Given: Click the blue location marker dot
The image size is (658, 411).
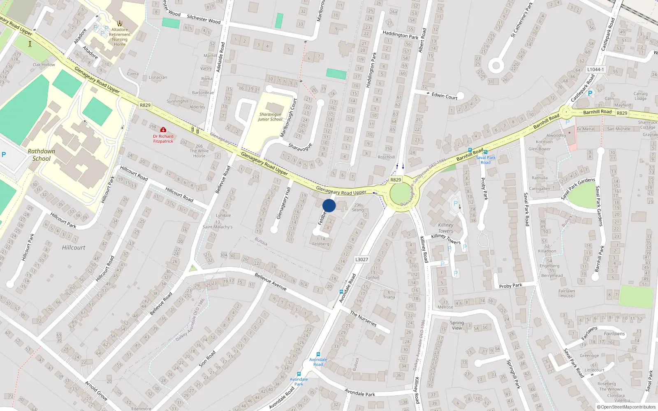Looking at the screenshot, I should point(329,205).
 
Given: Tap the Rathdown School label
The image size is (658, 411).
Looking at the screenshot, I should point(41,155).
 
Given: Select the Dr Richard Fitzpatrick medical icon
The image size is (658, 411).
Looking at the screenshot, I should point(163,129).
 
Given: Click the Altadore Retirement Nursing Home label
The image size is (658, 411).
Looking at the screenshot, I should point(120,37).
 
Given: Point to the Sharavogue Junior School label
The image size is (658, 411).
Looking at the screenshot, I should point(270,117).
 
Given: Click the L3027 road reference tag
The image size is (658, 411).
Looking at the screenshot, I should point(361,260).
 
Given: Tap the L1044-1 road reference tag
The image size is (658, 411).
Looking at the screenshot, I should point(595,70).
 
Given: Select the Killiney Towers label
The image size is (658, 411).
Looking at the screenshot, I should point(446,228).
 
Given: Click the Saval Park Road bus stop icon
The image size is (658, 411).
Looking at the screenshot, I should point(486,152).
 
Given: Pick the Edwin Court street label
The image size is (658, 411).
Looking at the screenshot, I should point(444,96).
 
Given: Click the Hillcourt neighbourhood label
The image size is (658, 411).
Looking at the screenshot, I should point(74,247).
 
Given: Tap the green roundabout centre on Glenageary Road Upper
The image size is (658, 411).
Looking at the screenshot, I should point(401,194).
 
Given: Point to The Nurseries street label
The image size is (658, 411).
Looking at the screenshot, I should point(363,319).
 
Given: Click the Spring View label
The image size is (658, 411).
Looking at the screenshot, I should point(457,325).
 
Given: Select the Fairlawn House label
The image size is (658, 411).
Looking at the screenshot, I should point(566,293).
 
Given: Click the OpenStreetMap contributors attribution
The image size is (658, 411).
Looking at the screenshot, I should point(626,407).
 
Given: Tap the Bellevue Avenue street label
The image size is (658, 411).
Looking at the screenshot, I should point(270,282).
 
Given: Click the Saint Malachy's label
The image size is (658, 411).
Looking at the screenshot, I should point(218,227).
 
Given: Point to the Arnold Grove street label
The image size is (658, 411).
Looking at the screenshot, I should point(96,390).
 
